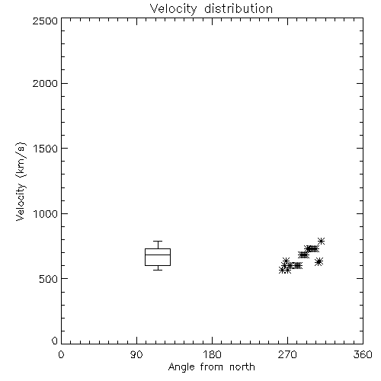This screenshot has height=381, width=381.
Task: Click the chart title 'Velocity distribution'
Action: [x=211, y=9]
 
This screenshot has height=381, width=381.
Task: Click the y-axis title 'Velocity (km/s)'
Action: [x=21, y=181]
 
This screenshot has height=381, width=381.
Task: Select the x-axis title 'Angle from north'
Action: [x=211, y=367]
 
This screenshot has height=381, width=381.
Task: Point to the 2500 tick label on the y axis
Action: [x=45, y=21]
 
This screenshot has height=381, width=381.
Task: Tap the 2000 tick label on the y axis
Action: [x=45, y=83]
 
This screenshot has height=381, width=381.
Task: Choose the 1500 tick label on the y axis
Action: [x=46, y=149]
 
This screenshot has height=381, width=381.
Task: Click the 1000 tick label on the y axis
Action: [x=46, y=214]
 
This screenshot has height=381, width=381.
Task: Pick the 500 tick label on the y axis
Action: [x=49, y=279]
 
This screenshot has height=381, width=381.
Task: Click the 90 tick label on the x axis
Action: [x=136, y=354]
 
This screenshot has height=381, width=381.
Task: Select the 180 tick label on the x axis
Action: [x=212, y=354]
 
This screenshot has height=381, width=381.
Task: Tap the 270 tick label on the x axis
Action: [x=287, y=354]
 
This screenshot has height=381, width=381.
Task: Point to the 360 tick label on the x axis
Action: [x=363, y=354]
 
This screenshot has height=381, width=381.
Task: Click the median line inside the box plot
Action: [x=158, y=255]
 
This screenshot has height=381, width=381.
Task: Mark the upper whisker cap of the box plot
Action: [x=158, y=241]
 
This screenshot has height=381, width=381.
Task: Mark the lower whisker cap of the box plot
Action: [x=158, y=270]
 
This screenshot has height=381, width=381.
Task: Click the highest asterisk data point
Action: [x=322, y=241]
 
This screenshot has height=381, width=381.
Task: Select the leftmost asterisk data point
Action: [x=282, y=270]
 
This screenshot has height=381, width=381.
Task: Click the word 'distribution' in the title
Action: [x=239, y=9]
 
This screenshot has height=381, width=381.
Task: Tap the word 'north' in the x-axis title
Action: [x=242, y=367]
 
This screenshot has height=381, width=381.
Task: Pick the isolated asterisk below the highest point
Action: [x=319, y=261]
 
